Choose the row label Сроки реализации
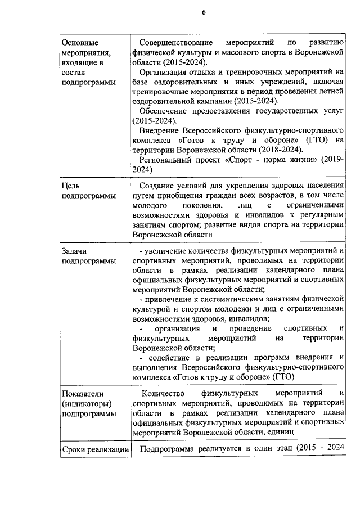94,449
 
